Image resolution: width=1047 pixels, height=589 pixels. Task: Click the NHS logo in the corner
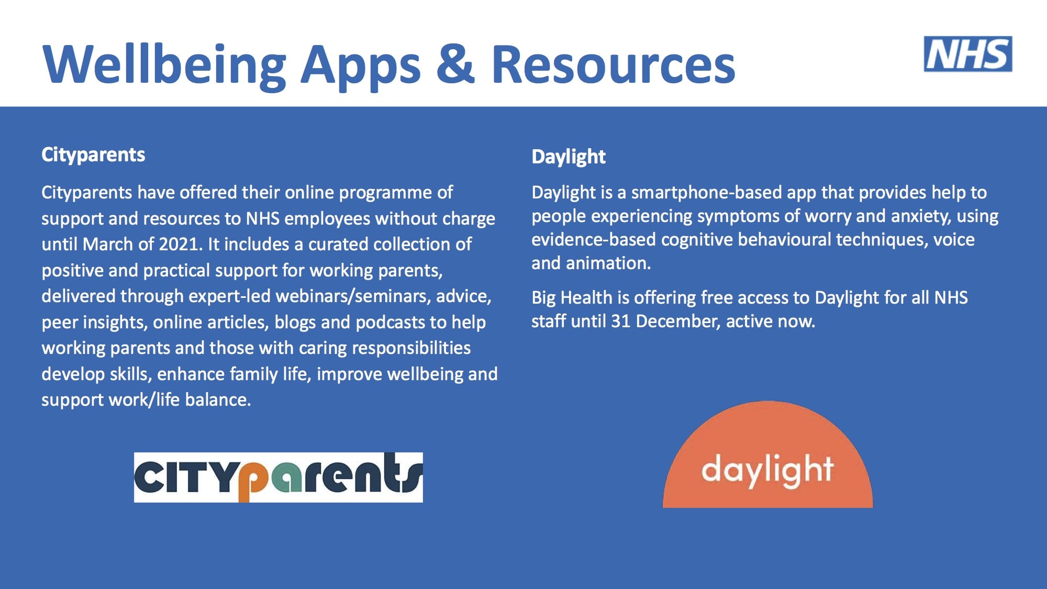coord(968,54)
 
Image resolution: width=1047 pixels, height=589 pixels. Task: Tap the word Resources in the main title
coord(614,64)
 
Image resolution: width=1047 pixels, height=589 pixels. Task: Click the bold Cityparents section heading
coord(93,155)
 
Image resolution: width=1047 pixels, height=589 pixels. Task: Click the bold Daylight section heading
coord(569,157)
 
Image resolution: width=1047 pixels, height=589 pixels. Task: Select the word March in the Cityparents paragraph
coord(108,244)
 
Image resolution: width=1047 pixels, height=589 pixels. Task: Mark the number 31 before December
coord(620,321)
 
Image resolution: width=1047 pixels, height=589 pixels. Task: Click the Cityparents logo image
coord(279,477)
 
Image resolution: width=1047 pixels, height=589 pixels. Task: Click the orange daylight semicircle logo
coord(767,454)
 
